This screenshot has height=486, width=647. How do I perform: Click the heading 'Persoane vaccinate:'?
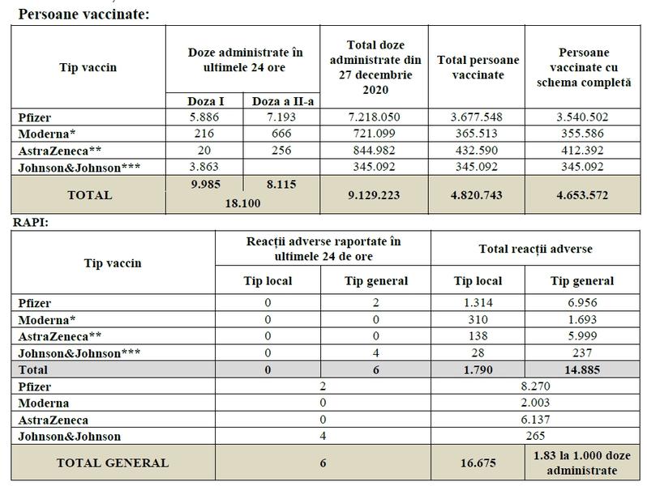point(84,14)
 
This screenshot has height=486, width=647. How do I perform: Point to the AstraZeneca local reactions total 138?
point(477,335)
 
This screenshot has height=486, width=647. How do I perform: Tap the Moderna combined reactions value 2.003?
point(534,403)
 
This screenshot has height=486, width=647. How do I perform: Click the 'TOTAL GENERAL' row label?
point(113,463)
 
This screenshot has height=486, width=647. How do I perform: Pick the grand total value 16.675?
point(477,463)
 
